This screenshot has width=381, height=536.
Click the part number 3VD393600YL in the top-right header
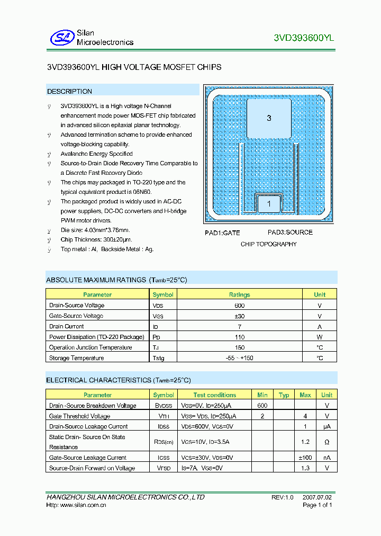pyautogui.click(x=304, y=38)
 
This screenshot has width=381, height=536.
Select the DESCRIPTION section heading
pyautogui.click(x=69, y=92)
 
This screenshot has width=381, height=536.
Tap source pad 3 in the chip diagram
pyautogui.click(x=269, y=118)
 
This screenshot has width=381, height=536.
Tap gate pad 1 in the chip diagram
pyautogui.click(x=269, y=204)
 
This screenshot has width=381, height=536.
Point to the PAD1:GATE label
pyautogui.click(x=222, y=233)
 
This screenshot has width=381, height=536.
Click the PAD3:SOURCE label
pyautogui.click(x=290, y=233)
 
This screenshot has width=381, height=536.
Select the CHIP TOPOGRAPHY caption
pyautogui.click(x=268, y=244)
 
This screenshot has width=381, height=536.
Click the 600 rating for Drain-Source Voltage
pyautogui.click(x=239, y=306)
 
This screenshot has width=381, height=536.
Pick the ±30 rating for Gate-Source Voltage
pyautogui.click(x=239, y=316)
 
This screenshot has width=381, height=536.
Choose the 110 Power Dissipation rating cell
pyautogui.click(x=239, y=337)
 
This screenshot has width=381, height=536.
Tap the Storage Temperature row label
pyautogui.click(x=76, y=359)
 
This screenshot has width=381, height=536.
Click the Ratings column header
pyautogui.click(x=239, y=294)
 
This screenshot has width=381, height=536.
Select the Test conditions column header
pyautogui.click(x=214, y=395)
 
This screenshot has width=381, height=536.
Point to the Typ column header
pyautogui.click(x=284, y=395)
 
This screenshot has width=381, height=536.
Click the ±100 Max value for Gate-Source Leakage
pyautogui.click(x=305, y=458)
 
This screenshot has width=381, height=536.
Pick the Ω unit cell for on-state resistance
pyautogui.click(x=326, y=442)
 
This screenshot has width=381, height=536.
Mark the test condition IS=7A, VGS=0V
pyautogui.click(x=202, y=468)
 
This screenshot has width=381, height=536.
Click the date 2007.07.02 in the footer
pyautogui.click(x=317, y=497)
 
